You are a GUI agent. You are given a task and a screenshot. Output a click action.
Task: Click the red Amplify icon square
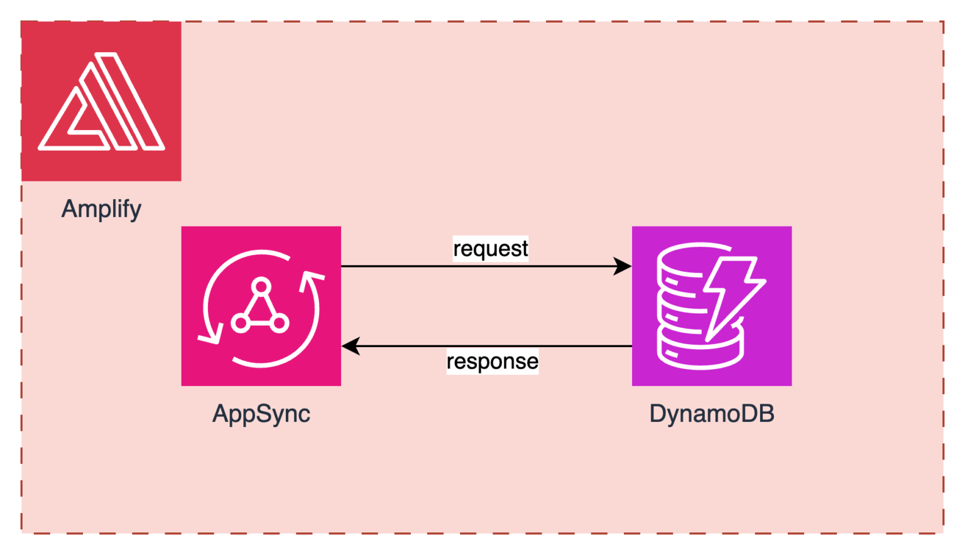[x=101, y=101]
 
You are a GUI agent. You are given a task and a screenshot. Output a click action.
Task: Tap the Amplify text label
[x=101, y=208]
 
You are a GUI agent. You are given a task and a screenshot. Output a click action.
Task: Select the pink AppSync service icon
[x=261, y=306]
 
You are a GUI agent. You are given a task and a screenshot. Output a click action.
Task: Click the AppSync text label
[x=261, y=414]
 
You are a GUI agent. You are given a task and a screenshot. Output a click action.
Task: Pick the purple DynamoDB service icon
[x=711, y=306]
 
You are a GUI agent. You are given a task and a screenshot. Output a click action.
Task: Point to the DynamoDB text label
[x=711, y=414]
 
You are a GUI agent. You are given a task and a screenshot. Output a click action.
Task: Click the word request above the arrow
[x=491, y=249]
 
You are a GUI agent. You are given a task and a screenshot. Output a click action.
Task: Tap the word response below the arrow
[x=492, y=362]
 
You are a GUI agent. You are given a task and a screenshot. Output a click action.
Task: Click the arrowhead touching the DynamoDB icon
[x=623, y=266]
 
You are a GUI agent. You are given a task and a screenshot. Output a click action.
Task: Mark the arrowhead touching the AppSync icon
[x=351, y=346]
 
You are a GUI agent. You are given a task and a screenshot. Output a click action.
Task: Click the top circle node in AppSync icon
[x=260, y=287]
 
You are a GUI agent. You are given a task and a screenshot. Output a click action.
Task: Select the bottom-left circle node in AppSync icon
[x=240, y=323]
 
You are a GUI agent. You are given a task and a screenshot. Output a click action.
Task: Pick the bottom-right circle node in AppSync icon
[x=280, y=323]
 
